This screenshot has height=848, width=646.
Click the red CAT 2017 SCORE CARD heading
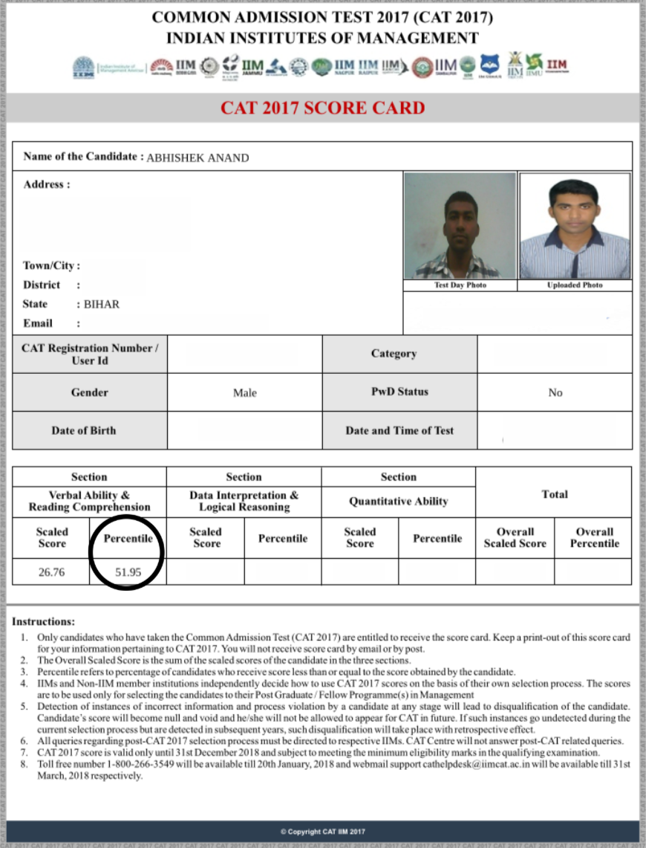coord(322,108)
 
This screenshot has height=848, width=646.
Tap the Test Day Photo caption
coord(460,285)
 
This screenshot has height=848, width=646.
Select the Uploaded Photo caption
coord(575,285)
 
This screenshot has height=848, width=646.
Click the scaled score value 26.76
coord(50,572)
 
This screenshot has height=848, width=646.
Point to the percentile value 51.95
coord(127,572)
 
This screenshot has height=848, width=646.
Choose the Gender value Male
coord(244,392)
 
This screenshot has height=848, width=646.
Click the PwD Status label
coord(399,392)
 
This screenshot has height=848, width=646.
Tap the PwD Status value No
coord(555,392)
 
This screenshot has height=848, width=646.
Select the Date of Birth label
coord(83,430)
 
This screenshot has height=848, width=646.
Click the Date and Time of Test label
coord(399,430)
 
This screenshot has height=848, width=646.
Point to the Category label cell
coord(394,354)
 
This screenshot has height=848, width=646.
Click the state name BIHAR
coord(102,304)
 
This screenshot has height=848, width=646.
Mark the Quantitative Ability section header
coord(399,501)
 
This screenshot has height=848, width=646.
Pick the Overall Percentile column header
coord(594,537)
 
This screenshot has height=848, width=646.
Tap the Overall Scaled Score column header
coord(515,537)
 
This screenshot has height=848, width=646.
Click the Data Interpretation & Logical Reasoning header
coord(244,501)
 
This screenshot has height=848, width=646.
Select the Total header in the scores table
coord(554,494)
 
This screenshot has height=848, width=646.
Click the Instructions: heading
coord(44,621)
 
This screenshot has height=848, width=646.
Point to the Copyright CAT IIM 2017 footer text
coord(322,832)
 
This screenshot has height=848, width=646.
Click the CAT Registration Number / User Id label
coord(89,354)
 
